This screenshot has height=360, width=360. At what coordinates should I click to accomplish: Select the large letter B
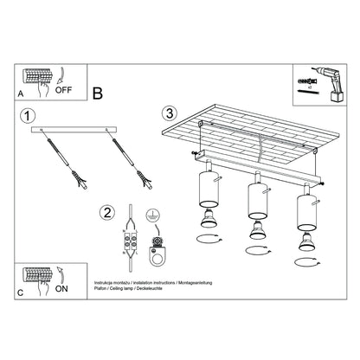click(x=98, y=92)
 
